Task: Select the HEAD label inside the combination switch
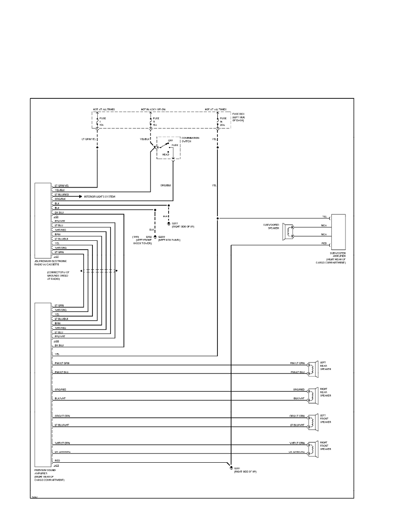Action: click(x=166, y=154)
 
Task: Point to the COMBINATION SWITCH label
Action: click(x=190, y=140)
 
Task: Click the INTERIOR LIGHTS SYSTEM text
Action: click(x=99, y=197)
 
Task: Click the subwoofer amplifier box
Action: click(x=338, y=232)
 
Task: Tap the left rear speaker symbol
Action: click(x=313, y=368)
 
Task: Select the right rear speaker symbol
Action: click(x=313, y=394)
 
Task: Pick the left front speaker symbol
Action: click(x=313, y=420)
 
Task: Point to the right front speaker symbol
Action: click(x=313, y=447)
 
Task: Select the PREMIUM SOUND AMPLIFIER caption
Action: click(x=50, y=475)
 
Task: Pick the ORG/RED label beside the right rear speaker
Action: click(x=299, y=389)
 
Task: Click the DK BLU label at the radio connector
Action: click(x=59, y=213)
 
